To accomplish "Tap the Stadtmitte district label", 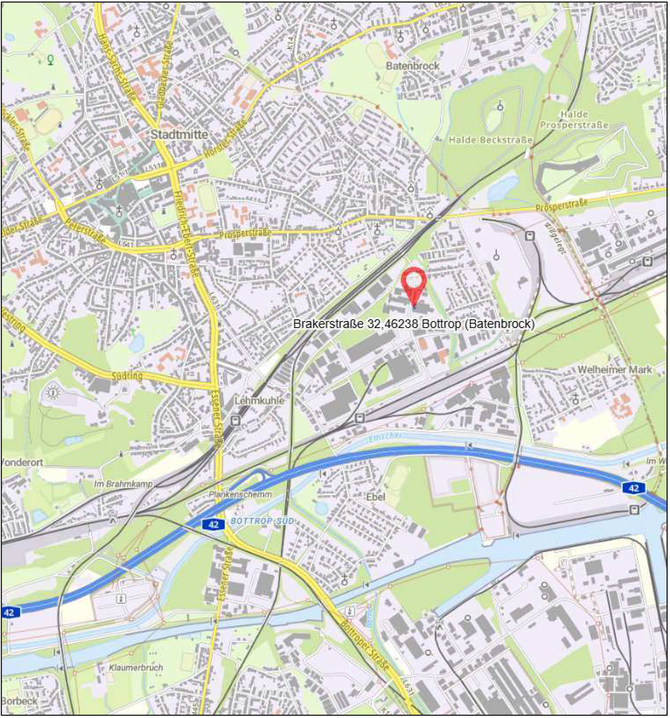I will (179, 135).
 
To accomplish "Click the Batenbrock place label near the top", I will (413, 66).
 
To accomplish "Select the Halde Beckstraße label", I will (491, 140).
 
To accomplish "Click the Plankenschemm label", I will (240, 495).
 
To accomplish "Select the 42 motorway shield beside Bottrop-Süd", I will (213, 524).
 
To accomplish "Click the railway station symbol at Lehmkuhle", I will (235, 420).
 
